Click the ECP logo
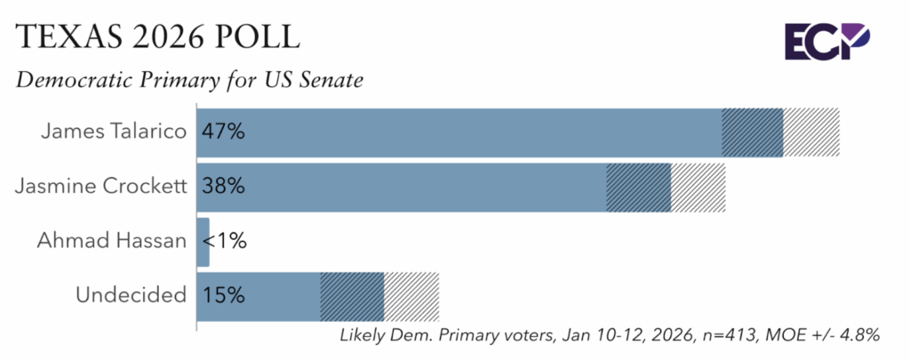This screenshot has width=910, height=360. click(x=826, y=41)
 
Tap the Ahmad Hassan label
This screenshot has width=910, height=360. click(x=112, y=241)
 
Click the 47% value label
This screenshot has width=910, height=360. click(x=222, y=132)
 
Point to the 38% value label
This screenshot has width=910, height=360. click(x=222, y=187)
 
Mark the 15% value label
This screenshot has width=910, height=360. click(x=222, y=295)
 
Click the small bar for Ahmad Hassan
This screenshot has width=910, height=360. click(x=203, y=241)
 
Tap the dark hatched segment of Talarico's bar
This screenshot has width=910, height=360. click(x=752, y=132)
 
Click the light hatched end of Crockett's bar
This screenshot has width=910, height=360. click(x=698, y=187)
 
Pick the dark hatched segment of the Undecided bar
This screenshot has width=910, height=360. click(x=352, y=295)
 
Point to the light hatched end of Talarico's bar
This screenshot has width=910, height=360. click(x=810, y=132)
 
